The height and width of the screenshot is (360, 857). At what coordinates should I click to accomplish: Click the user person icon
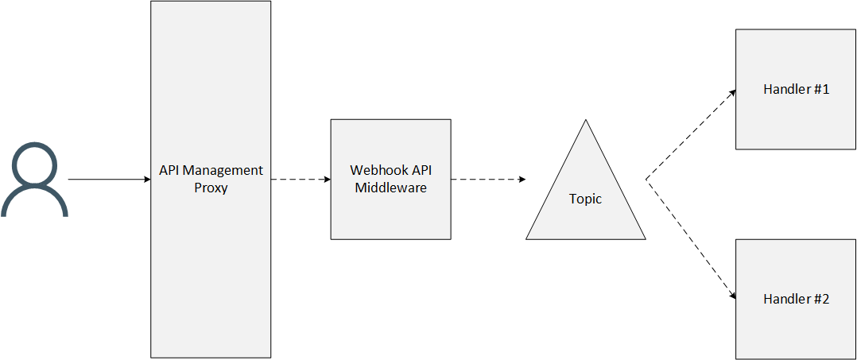tap(34, 180)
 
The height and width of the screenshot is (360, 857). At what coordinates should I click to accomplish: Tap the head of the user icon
tap(34, 165)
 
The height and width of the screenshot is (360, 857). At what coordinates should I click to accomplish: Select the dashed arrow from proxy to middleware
tap(301, 180)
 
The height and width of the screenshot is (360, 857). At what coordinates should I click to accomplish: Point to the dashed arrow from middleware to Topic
tap(487, 180)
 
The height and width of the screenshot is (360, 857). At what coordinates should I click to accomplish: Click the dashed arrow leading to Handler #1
tap(692, 134)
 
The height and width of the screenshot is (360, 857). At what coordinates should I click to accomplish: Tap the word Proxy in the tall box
tap(211, 189)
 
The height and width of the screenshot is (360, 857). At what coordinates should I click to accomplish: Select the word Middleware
tap(390, 188)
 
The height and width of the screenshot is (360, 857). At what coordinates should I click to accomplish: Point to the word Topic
tap(585, 199)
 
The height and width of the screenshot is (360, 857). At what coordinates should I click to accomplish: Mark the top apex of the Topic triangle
tap(586, 122)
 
